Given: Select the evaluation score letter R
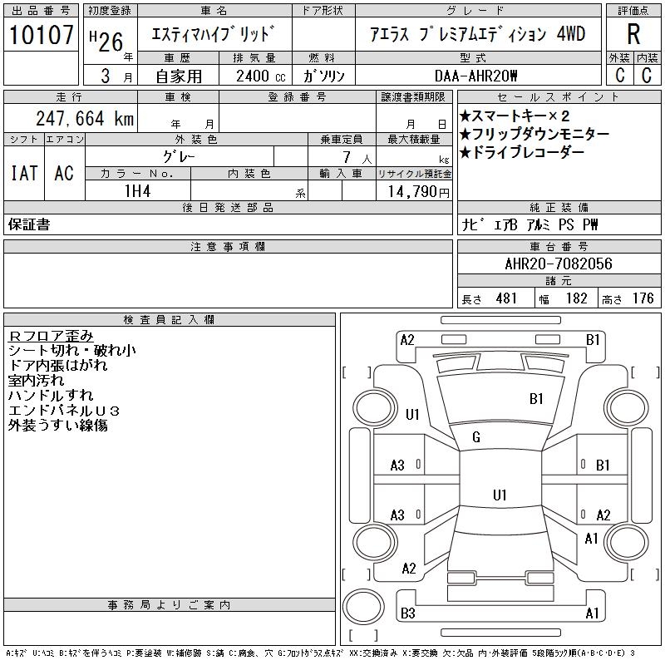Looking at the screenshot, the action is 633,35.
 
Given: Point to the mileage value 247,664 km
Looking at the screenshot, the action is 84,119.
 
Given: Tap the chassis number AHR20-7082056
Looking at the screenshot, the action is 559,264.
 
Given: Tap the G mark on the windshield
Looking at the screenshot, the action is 476,437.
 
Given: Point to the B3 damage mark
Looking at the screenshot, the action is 407,613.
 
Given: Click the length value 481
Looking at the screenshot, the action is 506,298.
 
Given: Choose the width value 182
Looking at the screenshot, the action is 575,298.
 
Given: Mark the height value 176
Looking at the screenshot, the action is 643,298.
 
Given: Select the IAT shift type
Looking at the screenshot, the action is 23,173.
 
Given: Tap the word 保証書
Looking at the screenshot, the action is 29,224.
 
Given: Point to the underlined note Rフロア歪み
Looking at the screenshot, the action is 51,336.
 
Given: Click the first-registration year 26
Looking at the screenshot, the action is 112,36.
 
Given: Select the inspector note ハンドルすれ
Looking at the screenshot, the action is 51,396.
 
